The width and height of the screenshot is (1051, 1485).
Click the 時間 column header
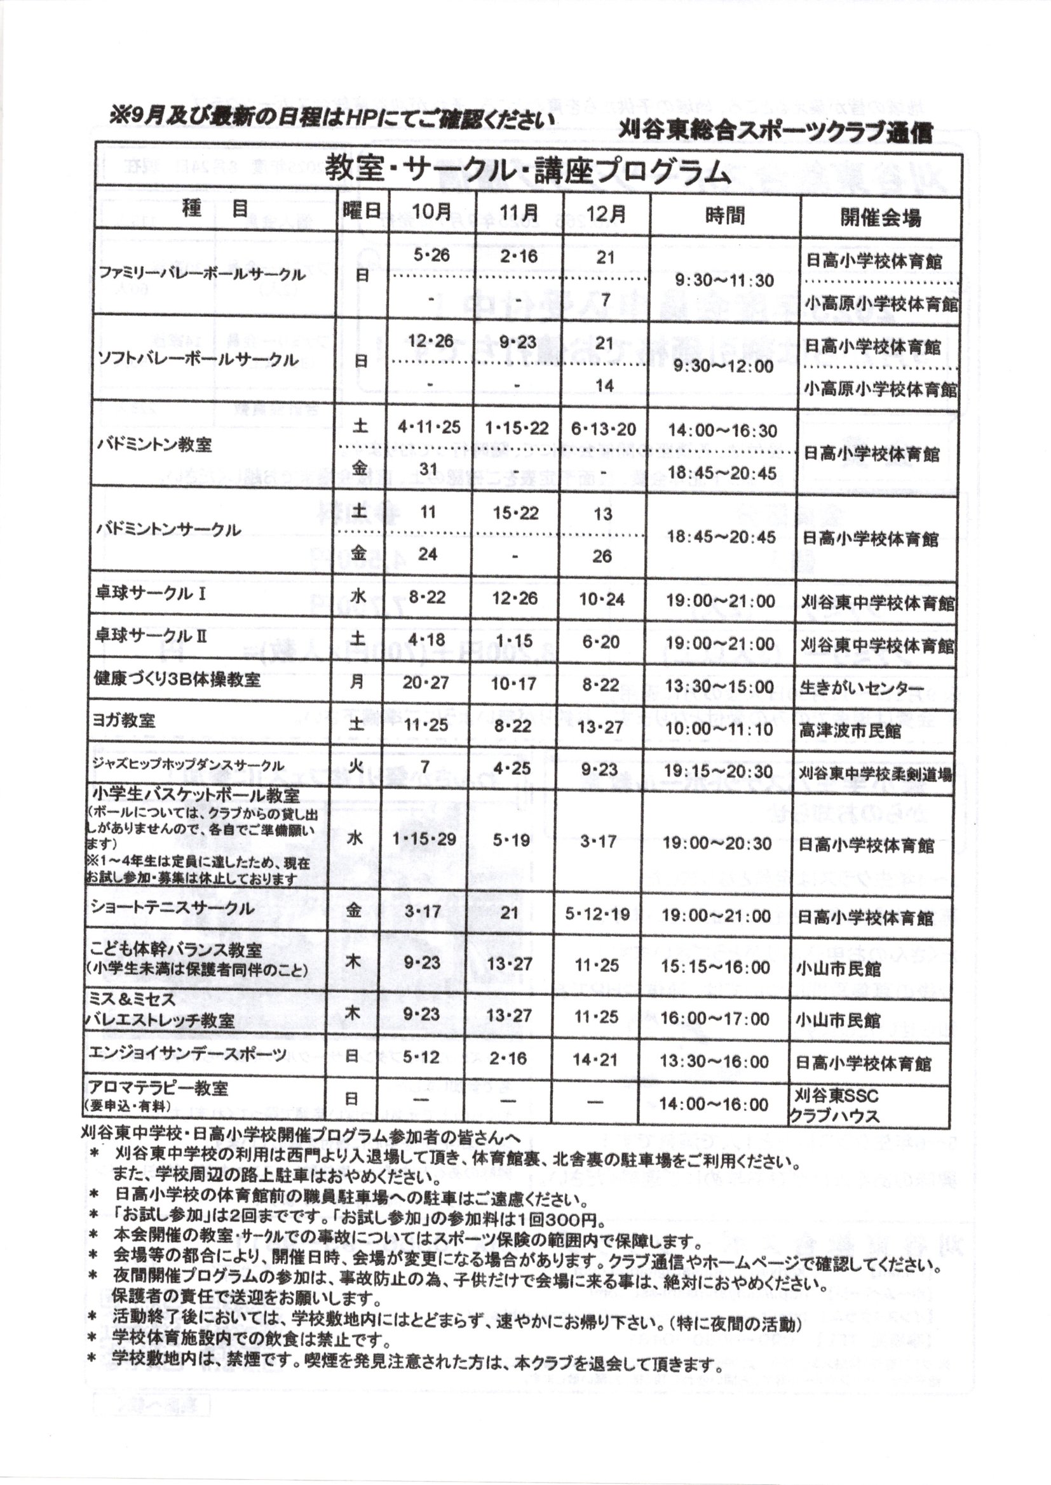pos(725,215)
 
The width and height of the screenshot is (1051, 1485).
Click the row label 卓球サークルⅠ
pos(150,595)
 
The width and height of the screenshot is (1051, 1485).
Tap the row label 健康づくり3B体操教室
pos(177,680)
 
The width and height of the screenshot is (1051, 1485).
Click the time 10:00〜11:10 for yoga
pos(719,729)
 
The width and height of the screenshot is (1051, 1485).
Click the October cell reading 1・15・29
pos(424,840)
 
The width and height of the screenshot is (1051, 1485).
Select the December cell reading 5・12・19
pos(597,915)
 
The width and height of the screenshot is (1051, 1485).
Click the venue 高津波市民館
pos(850,731)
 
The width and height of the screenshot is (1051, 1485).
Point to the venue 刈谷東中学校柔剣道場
pos(875,774)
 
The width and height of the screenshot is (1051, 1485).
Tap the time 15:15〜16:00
pos(715,967)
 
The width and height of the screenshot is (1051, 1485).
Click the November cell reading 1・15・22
pos(517,428)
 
